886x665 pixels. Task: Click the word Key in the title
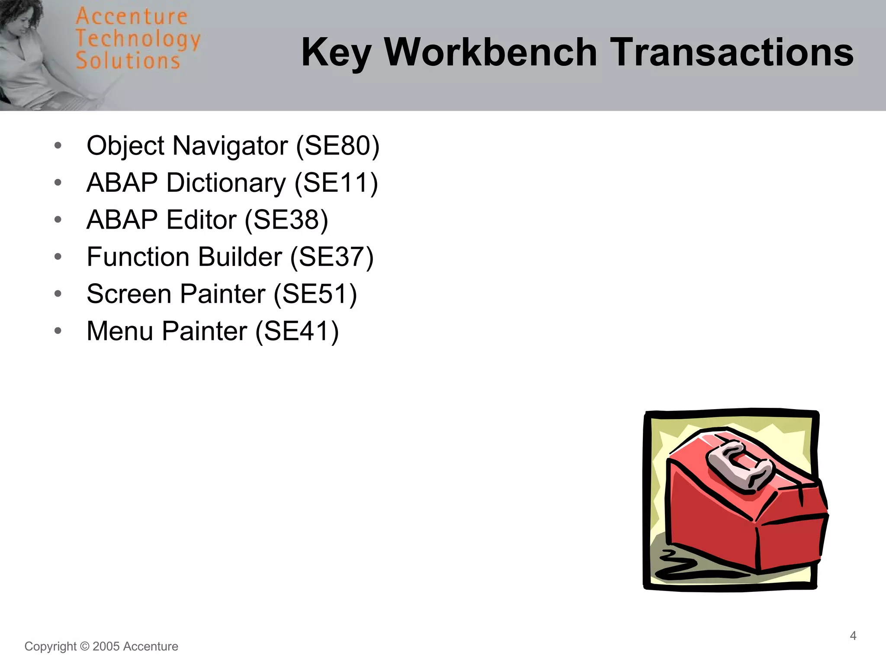point(336,53)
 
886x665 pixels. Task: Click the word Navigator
point(230,145)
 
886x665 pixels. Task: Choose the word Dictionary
point(226,183)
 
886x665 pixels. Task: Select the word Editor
point(201,220)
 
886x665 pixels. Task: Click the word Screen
point(129,294)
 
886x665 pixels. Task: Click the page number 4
point(853,636)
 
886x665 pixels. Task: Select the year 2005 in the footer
point(106,646)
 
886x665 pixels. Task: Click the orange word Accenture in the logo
point(132,17)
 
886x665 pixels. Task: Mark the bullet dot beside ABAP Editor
point(58,220)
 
